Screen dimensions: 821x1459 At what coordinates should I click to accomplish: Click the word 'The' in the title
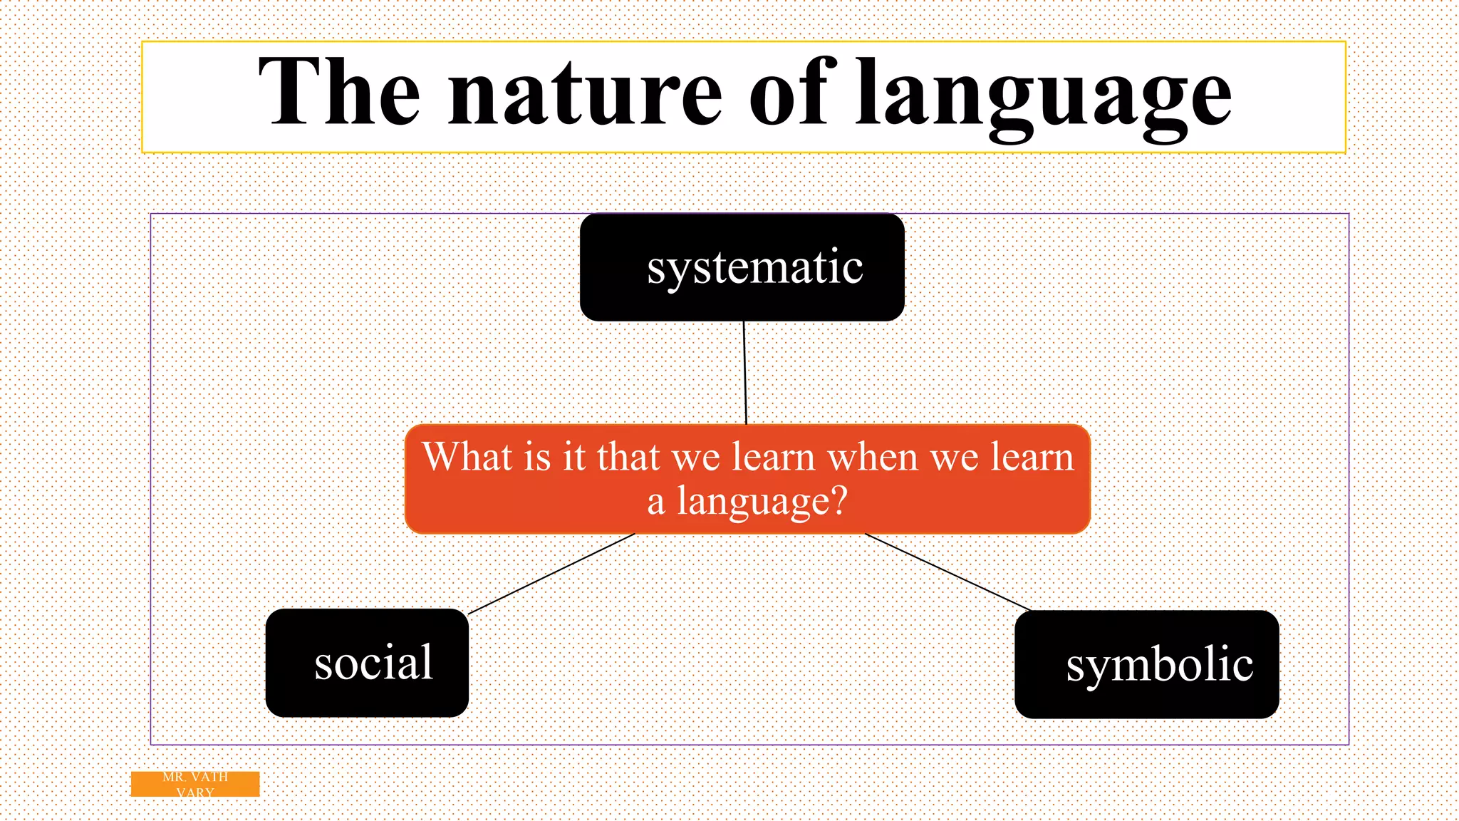[339, 93]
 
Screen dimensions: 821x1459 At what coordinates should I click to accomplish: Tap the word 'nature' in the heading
[584, 96]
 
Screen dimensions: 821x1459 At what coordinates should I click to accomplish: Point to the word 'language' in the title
[1043, 96]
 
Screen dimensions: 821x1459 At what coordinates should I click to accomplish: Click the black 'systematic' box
[742, 268]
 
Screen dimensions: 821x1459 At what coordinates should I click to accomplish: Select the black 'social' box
[367, 663]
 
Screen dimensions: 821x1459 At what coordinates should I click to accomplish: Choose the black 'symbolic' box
[1146, 664]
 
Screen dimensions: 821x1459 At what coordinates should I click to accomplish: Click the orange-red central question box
[747, 479]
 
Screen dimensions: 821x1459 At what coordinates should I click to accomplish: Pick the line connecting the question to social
[551, 574]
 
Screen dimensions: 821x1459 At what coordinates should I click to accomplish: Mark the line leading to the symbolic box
[947, 572]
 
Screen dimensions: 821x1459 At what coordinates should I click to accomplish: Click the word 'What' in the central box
[467, 457]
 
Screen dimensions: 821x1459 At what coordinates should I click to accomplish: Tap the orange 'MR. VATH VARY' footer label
[194, 784]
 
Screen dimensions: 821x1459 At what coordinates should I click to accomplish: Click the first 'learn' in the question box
[773, 457]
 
